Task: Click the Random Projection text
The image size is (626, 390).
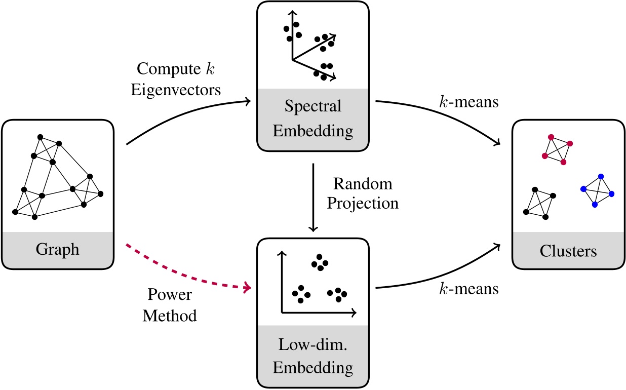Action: [x=363, y=193]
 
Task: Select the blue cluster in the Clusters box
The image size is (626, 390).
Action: [x=597, y=190]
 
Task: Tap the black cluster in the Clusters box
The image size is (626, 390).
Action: [x=538, y=203]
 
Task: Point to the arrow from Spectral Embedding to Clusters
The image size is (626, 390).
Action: [x=446, y=114]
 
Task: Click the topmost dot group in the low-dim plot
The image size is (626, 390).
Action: [x=320, y=261]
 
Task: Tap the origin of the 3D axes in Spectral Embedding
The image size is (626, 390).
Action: [x=293, y=60]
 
